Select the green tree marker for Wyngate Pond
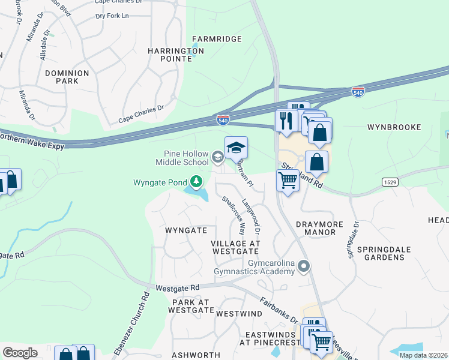point(195,181)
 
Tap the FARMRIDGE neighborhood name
point(216,39)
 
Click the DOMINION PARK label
point(67,77)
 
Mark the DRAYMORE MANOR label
point(319,229)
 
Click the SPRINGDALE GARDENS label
point(381,253)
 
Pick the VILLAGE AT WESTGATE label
point(235,247)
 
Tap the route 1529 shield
point(388,181)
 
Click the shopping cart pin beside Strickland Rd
point(288,179)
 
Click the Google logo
point(20,352)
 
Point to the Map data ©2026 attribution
point(423,355)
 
